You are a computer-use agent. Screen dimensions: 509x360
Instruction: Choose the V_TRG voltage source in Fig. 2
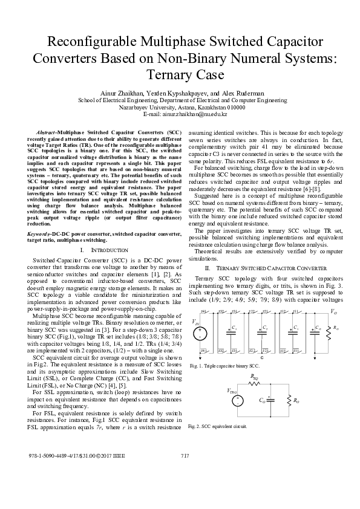coord(237,400)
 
